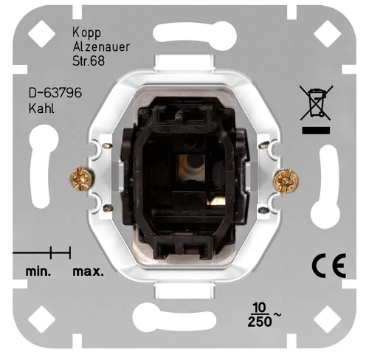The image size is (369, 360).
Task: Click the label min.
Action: coord(38,271)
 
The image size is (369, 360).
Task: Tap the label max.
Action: coord(88,271)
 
